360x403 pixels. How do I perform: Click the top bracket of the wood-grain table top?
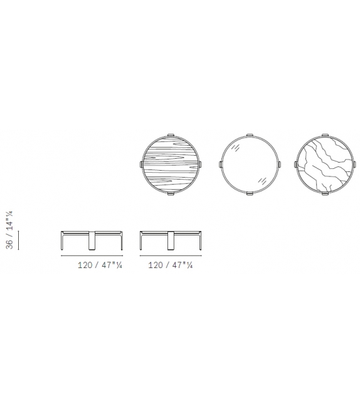click(x=171, y=135)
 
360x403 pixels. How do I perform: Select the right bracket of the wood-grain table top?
click(x=200, y=164)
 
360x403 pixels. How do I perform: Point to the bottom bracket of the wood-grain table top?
click(x=171, y=193)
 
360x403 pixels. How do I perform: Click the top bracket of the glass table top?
click(x=250, y=135)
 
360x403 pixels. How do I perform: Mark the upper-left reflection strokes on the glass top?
click(x=237, y=148)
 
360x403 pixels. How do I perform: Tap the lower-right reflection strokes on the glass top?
click(x=262, y=181)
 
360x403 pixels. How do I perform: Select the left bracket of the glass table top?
click(x=221, y=164)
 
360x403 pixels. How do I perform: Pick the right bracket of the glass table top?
click(x=280, y=164)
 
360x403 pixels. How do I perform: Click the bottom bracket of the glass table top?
click(x=250, y=193)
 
